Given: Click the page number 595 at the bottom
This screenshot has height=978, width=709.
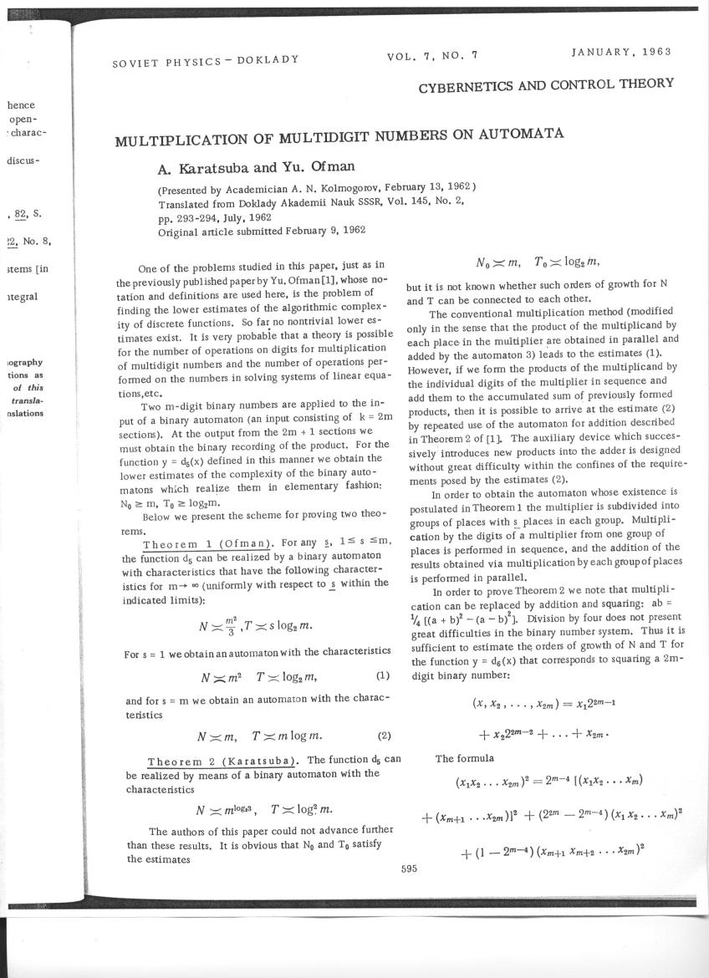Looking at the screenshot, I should pyautogui.click(x=409, y=868).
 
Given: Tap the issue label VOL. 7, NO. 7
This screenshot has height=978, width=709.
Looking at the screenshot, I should pyautogui.click(x=432, y=56).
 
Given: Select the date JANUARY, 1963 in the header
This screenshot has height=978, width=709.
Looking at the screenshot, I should pyautogui.click(x=621, y=52).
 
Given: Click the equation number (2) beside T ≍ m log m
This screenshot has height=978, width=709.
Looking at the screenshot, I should pyautogui.click(x=385, y=736).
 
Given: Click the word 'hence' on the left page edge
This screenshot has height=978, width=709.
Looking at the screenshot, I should pyautogui.click(x=19, y=106).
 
